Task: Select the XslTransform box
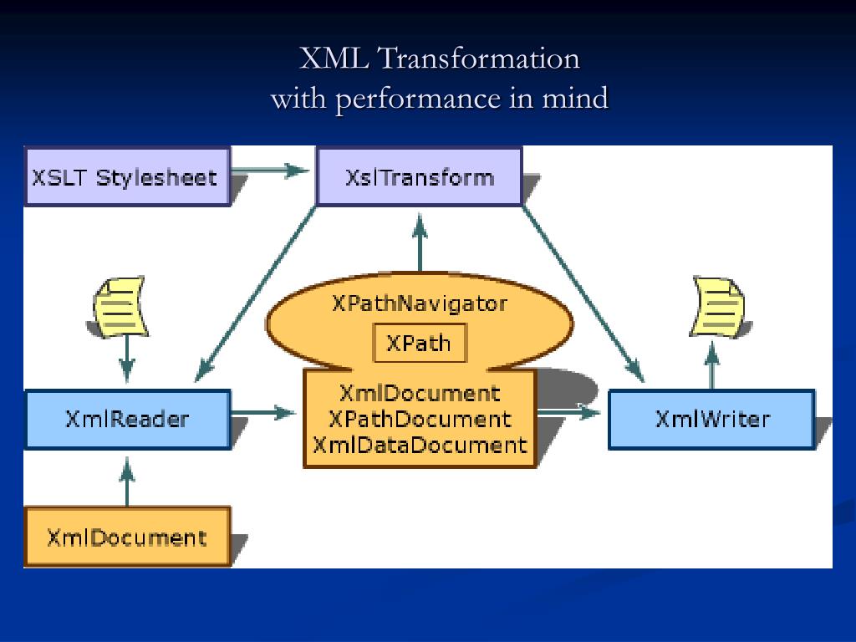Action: point(419,177)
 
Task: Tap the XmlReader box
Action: point(127,419)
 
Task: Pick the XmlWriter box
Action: point(711,419)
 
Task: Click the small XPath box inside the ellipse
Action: point(419,344)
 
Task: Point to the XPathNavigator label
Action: point(419,303)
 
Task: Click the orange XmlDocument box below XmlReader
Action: point(127,537)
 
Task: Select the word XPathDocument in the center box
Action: point(419,418)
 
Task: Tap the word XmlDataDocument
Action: point(419,445)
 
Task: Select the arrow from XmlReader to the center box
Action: point(263,411)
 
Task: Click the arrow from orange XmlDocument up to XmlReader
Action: point(127,485)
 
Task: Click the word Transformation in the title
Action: point(478,59)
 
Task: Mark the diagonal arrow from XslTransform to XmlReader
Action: point(256,293)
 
